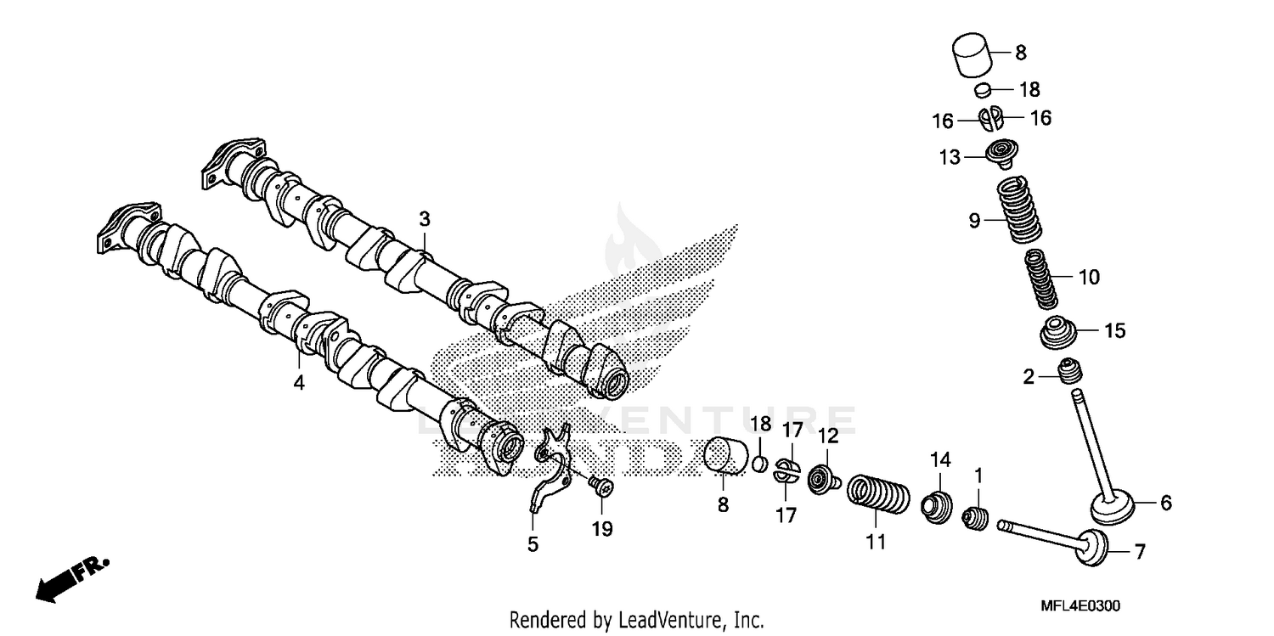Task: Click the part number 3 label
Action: [x=425, y=219]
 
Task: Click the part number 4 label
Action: [x=298, y=383]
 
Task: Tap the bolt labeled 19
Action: [x=600, y=486]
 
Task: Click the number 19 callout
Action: [x=602, y=529]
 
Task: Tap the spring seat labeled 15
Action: [x=1062, y=332]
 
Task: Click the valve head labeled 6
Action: [x=1113, y=508]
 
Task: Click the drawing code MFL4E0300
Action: [x=1080, y=606]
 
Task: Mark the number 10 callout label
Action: [x=1089, y=277]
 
